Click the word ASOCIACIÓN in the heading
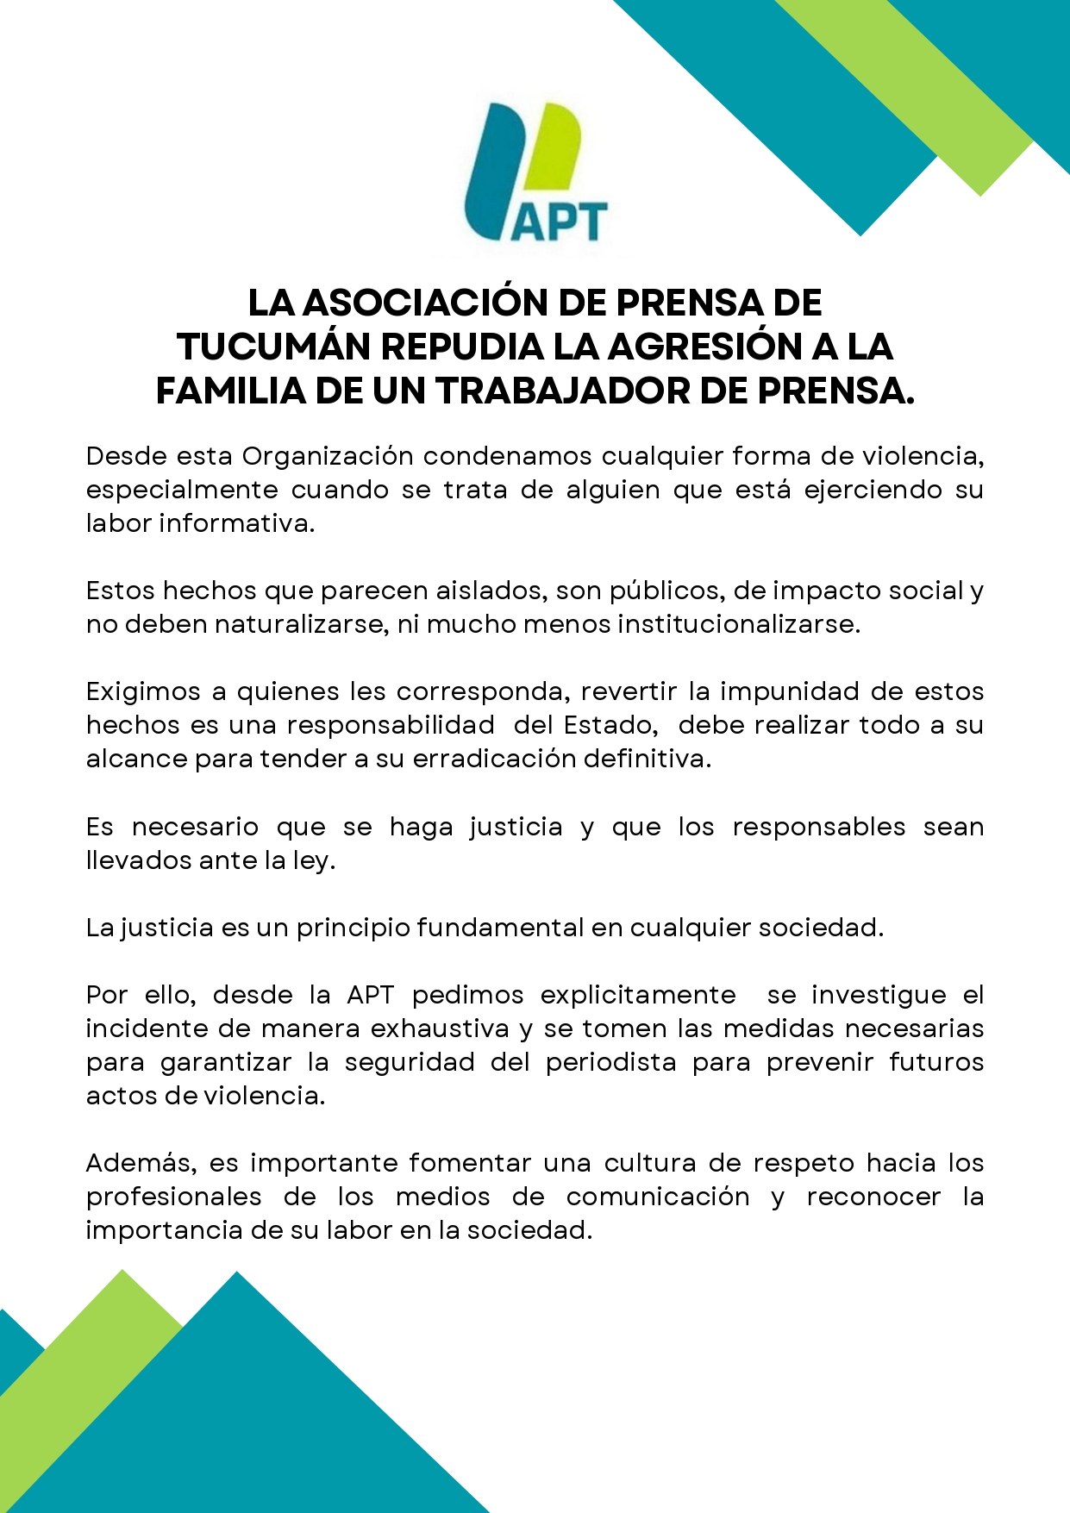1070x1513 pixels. click(425, 303)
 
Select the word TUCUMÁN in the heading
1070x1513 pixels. click(274, 347)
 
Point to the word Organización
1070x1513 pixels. click(328, 456)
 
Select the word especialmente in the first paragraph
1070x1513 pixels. click(182, 490)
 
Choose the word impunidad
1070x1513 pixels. click(790, 691)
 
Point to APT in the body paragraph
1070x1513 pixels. click(370, 995)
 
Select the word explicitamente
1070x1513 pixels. click(638, 995)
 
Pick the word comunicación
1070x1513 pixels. click(658, 1197)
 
